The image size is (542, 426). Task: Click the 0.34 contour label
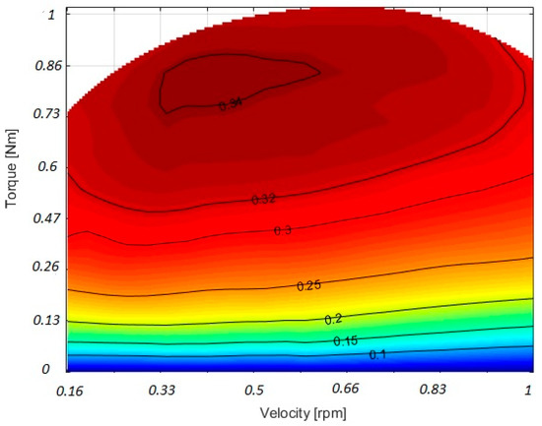click(x=231, y=103)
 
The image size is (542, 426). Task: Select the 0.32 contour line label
click(x=264, y=200)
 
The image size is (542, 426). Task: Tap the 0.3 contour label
click(x=283, y=230)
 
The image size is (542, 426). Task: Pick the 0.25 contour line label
click(x=309, y=285)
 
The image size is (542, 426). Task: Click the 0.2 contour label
click(x=333, y=320)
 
